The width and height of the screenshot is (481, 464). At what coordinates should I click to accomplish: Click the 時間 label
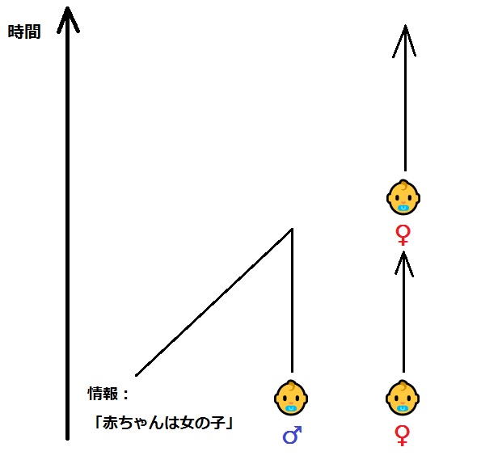[24, 32]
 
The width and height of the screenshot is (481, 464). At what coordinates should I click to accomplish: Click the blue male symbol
[292, 435]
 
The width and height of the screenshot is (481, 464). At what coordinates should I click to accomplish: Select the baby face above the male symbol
[291, 398]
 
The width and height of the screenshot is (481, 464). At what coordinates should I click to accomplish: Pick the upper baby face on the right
[403, 197]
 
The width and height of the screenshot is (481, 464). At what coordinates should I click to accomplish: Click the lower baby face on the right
[403, 398]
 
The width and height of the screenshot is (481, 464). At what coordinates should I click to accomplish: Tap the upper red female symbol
[403, 235]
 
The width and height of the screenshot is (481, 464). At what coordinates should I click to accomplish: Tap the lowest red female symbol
[402, 436]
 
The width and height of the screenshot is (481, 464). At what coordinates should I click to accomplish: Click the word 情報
[103, 394]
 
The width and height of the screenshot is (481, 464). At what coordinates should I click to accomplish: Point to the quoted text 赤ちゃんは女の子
[164, 423]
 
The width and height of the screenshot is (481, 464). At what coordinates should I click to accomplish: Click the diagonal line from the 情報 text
[214, 302]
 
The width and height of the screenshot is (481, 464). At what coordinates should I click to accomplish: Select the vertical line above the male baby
[292, 301]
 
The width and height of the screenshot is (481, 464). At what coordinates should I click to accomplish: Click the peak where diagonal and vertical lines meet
[292, 229]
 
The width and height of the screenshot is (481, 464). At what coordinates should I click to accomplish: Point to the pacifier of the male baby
[290, 409]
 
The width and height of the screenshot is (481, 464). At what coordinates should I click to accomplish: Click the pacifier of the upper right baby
[403, 209]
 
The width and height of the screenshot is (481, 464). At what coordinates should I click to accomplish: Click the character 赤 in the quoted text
[110, 423]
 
